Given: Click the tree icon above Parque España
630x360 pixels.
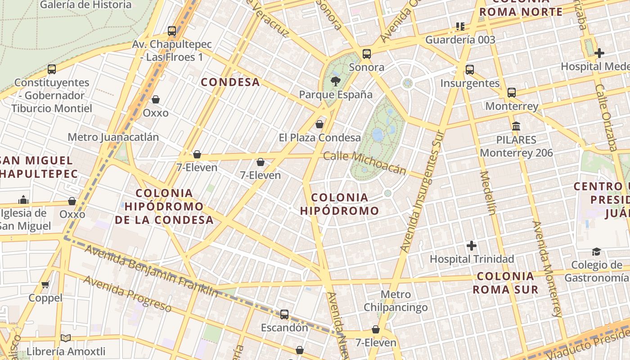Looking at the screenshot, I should [335, 81].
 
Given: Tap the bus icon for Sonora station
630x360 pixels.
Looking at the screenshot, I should [367, 54].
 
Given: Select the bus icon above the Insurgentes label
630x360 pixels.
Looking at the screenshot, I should [470, 70].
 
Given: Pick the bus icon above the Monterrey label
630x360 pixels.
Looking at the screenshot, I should [512, 93].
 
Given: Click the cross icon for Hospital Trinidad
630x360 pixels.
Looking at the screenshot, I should [472, 246].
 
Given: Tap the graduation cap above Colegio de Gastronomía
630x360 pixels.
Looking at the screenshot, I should [596, 252].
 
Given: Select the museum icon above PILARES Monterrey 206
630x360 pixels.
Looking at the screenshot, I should [516, 126].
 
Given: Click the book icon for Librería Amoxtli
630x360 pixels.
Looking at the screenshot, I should [66, 338].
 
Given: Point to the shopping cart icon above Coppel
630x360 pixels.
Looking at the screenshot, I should [45, 284].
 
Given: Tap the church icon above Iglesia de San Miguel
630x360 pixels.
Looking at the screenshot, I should [23, 200].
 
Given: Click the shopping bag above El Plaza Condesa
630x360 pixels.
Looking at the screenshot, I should [319, 124].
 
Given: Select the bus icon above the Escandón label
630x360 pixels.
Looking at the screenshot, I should [284, 315].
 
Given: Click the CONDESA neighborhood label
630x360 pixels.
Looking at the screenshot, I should [230, 82].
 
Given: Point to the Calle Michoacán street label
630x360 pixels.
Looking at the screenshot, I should [364, 162].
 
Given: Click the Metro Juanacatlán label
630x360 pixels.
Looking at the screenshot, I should [113, 137].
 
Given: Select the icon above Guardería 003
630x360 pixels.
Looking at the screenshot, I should [460, 27].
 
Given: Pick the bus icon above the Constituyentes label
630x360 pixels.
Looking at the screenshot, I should [52, 69].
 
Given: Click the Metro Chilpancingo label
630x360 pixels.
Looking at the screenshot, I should [396, 301].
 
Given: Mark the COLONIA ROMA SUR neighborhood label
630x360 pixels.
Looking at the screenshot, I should [505, 283].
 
